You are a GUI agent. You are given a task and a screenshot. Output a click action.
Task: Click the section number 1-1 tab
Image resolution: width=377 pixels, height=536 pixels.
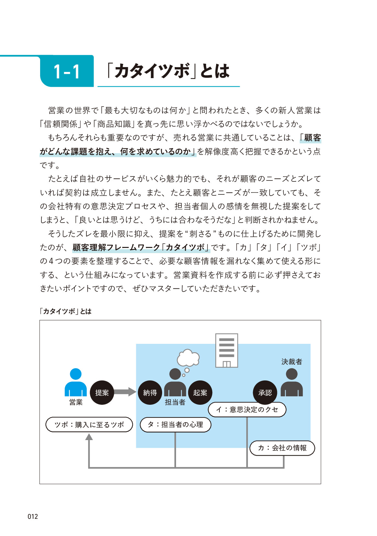67,71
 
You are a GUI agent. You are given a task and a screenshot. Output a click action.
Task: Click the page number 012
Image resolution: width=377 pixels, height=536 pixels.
33,517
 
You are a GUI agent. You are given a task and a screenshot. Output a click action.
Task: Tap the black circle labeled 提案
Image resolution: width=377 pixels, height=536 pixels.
102,393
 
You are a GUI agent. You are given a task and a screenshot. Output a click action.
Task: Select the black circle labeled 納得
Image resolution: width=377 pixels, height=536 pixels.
150,393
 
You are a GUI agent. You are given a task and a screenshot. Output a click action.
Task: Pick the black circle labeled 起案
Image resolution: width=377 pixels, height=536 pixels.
200,393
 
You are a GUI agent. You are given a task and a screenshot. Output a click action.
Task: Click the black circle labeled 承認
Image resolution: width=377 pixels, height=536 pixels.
265,393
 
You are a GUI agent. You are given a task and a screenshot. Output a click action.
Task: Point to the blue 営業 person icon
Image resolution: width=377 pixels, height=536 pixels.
76,382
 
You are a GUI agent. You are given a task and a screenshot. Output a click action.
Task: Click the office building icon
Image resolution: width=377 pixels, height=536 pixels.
227,350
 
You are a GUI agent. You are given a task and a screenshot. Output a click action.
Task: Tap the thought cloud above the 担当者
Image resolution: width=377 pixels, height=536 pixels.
188,357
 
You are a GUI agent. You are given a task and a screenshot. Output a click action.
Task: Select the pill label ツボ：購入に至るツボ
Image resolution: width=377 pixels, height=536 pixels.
89,425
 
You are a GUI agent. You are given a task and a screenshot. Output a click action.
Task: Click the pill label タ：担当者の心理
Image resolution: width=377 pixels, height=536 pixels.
175,425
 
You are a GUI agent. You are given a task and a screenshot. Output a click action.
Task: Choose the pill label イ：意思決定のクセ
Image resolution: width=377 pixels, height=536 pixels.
247,410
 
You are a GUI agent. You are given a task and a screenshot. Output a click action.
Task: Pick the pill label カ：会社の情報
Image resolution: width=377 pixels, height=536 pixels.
282,448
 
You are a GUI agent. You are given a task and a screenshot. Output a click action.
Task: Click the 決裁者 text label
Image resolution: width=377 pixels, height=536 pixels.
292,362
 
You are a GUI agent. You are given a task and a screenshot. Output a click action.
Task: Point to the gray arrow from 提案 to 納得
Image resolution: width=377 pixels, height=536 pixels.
125,392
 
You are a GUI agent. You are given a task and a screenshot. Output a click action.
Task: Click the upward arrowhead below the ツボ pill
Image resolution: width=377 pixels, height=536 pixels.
89,437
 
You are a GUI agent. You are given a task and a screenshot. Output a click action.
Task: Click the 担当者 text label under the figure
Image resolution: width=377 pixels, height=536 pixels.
175,402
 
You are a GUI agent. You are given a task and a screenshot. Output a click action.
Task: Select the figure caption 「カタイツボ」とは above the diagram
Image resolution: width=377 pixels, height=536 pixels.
66,311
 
